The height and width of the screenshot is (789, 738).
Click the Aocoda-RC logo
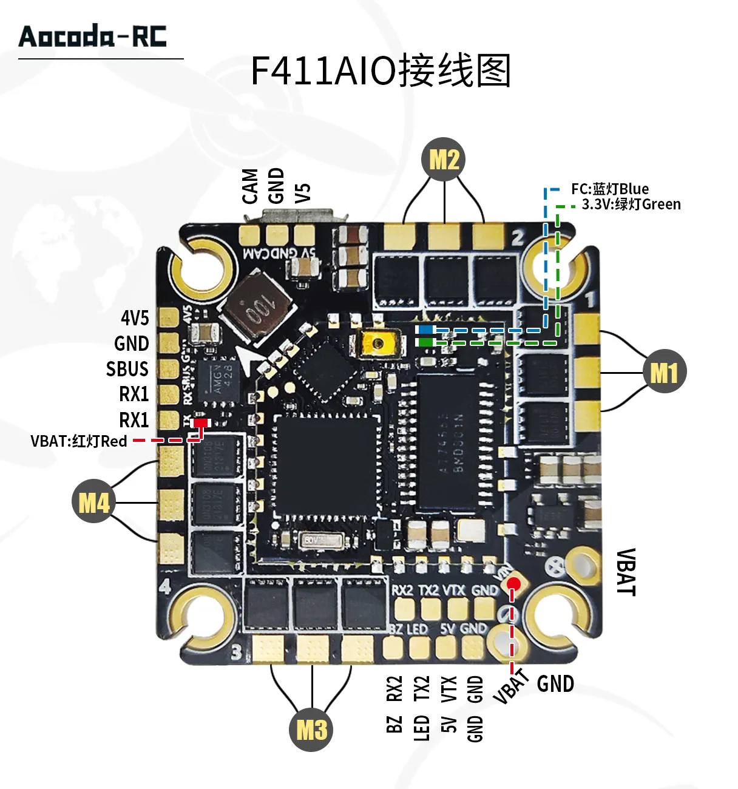93,36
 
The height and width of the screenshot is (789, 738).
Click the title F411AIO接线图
381,71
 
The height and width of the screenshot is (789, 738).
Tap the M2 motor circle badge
444,160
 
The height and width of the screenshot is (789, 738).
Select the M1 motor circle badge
664,371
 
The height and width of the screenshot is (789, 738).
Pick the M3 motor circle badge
312,729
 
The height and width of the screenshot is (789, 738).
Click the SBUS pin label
127,369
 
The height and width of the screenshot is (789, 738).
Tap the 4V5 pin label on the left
135,317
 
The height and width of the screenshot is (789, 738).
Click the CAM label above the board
250,186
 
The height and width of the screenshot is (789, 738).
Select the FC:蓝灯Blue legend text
609,189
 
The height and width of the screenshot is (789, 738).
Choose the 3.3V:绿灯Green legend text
631,205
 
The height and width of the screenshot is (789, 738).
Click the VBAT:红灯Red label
79,441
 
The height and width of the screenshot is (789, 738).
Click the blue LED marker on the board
425,330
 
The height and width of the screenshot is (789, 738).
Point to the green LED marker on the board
425,342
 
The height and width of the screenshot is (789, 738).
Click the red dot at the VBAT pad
514,584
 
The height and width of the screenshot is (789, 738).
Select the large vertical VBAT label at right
626,572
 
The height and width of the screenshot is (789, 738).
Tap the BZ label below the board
394,724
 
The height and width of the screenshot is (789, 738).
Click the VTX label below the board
449,689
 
